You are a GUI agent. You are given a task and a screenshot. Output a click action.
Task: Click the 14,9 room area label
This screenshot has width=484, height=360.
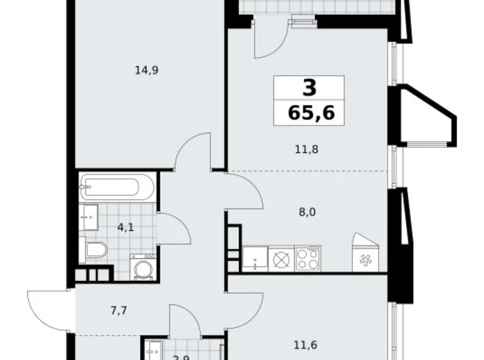point(147,70)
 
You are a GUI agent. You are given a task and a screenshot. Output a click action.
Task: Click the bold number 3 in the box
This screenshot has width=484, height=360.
point(309,88)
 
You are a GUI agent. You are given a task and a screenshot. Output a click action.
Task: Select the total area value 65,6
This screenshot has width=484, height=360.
point(308,112)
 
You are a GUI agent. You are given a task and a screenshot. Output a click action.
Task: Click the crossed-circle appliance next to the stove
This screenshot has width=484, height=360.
point(281,258)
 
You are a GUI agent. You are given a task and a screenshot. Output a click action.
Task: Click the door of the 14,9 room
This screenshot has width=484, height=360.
point(192,155)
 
